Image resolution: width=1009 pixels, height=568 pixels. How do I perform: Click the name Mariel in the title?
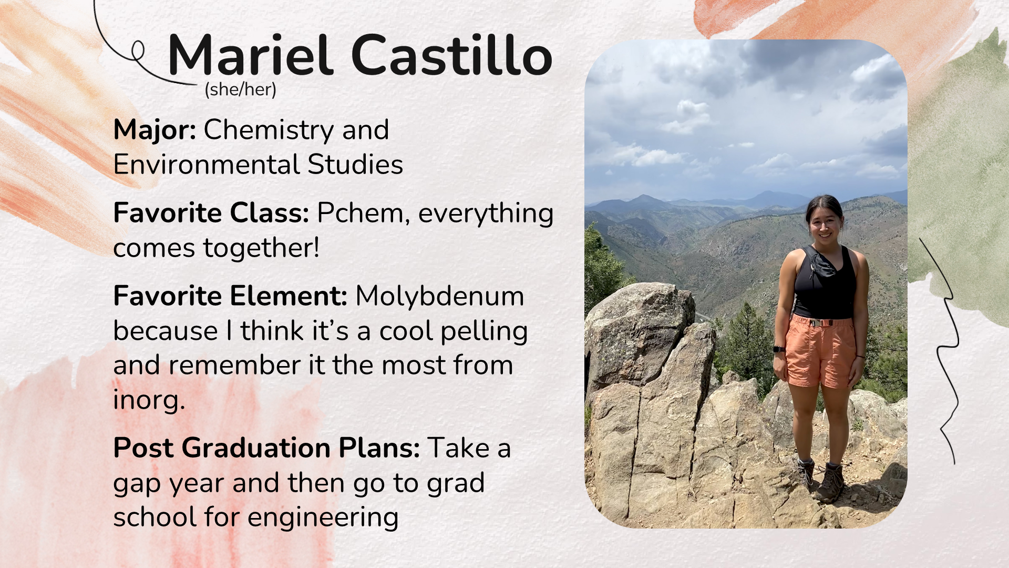[x=251, y=55]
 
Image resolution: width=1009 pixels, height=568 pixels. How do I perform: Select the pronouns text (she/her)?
[x=241, y=90]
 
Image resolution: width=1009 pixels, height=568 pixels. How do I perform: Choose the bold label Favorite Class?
[x=211, y=214]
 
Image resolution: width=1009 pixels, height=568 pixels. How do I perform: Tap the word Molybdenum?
[x=440, y=296]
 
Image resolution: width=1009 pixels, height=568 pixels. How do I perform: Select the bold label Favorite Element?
[x=230, y=296]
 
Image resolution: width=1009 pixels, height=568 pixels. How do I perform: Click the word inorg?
[x=149, y=400]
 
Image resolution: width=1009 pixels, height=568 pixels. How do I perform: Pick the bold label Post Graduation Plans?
[x=266, y=448]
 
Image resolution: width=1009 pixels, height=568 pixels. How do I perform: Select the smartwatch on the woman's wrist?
[x=779, y=349]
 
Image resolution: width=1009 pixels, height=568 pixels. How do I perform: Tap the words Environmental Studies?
[x=258, y=165]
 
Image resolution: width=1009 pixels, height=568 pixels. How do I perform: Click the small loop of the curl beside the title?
[x=138, y=51]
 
